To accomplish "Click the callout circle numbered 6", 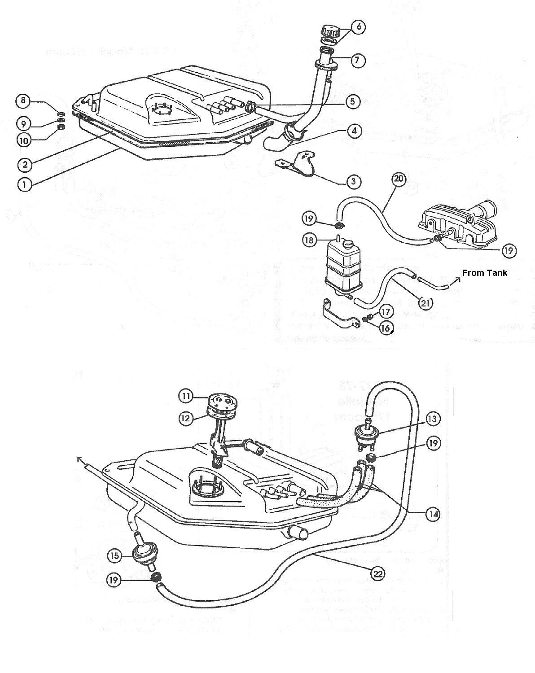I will coord(358,27).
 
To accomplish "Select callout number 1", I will coord(25,184).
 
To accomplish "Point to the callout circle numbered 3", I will coord(354,182).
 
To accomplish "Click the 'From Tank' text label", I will coord(484,273).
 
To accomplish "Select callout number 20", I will coord(399,179).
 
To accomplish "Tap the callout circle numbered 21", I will coord(425,303).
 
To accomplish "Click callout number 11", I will coord(185,396).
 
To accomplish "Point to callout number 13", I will coord(433,419).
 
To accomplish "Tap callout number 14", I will coord(433,515).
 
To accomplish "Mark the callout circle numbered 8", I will coord(23,100).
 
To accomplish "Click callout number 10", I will coord(23,140).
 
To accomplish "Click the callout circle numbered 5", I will coord(353,102).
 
